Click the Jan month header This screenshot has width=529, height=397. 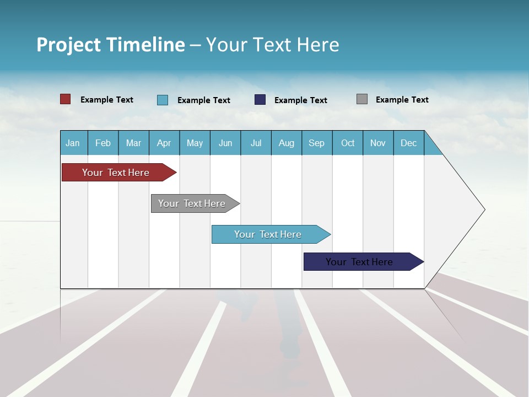(x=73, y=143)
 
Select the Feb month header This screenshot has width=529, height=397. (x=103, y=143)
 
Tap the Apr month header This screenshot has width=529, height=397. (x=164, y=143)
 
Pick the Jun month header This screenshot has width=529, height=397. (x=225, y=143)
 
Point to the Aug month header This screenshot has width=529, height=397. (x=286, y=143)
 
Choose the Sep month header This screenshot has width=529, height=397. (x=316, y=143)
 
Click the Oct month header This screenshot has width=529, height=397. (x=348, y=143)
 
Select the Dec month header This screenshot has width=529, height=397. (x=408, y=143)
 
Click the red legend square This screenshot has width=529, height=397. (x=66, y=99)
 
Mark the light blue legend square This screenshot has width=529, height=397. (x=163, y=100)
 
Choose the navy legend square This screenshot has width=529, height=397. (x=260, y=100)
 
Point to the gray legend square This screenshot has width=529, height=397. (x=362, y=99)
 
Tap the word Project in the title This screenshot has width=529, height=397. (x=68, y=45)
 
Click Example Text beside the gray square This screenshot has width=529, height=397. (x=402, y=100)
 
